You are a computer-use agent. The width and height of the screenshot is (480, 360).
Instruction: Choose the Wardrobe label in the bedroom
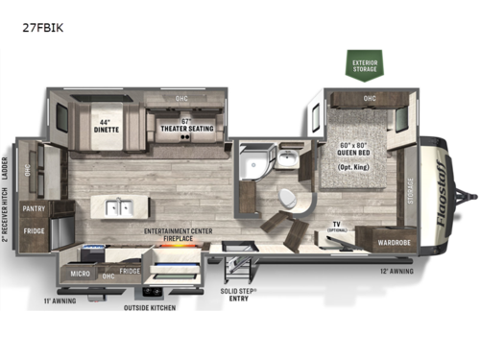394,242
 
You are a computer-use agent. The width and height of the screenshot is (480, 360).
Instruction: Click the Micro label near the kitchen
81,273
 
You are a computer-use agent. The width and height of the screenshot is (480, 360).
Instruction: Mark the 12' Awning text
397,272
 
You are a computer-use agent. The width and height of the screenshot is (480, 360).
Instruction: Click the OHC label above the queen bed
370,98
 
